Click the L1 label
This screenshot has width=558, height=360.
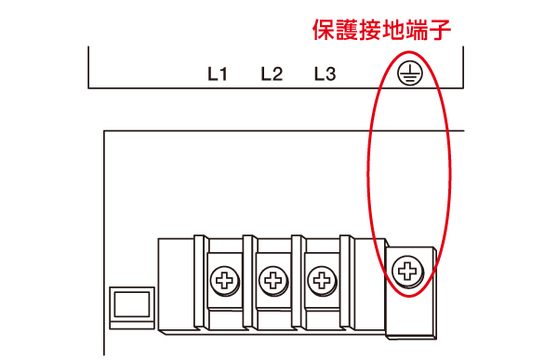pos(218,74)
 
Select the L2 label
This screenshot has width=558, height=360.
pos(272,74)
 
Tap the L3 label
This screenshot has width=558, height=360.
pos(325,74)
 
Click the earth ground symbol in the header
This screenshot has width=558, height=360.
pos(407,74)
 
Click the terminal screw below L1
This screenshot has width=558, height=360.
pos(224,278)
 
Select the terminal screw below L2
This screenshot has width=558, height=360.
pos(272,278)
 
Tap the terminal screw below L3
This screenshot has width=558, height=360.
pos(321,278)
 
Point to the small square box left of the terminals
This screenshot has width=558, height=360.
pos(130,307)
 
